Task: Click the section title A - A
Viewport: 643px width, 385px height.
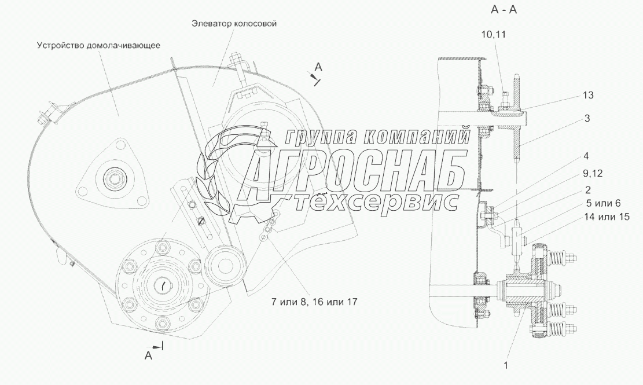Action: click(504, 10)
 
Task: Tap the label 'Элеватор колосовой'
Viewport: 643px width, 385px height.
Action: click(234, 23)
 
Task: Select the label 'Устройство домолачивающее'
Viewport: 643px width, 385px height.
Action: click(98, 45)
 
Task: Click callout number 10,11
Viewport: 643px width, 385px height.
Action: click(493, 34)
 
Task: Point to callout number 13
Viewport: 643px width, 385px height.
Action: click(587, 95)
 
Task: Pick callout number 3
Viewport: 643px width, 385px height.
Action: click(587, 119)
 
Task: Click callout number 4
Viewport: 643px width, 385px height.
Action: click(586, 156)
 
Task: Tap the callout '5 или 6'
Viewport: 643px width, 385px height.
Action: click(602, 203)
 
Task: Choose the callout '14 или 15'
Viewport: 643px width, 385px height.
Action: click(607, 217)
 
